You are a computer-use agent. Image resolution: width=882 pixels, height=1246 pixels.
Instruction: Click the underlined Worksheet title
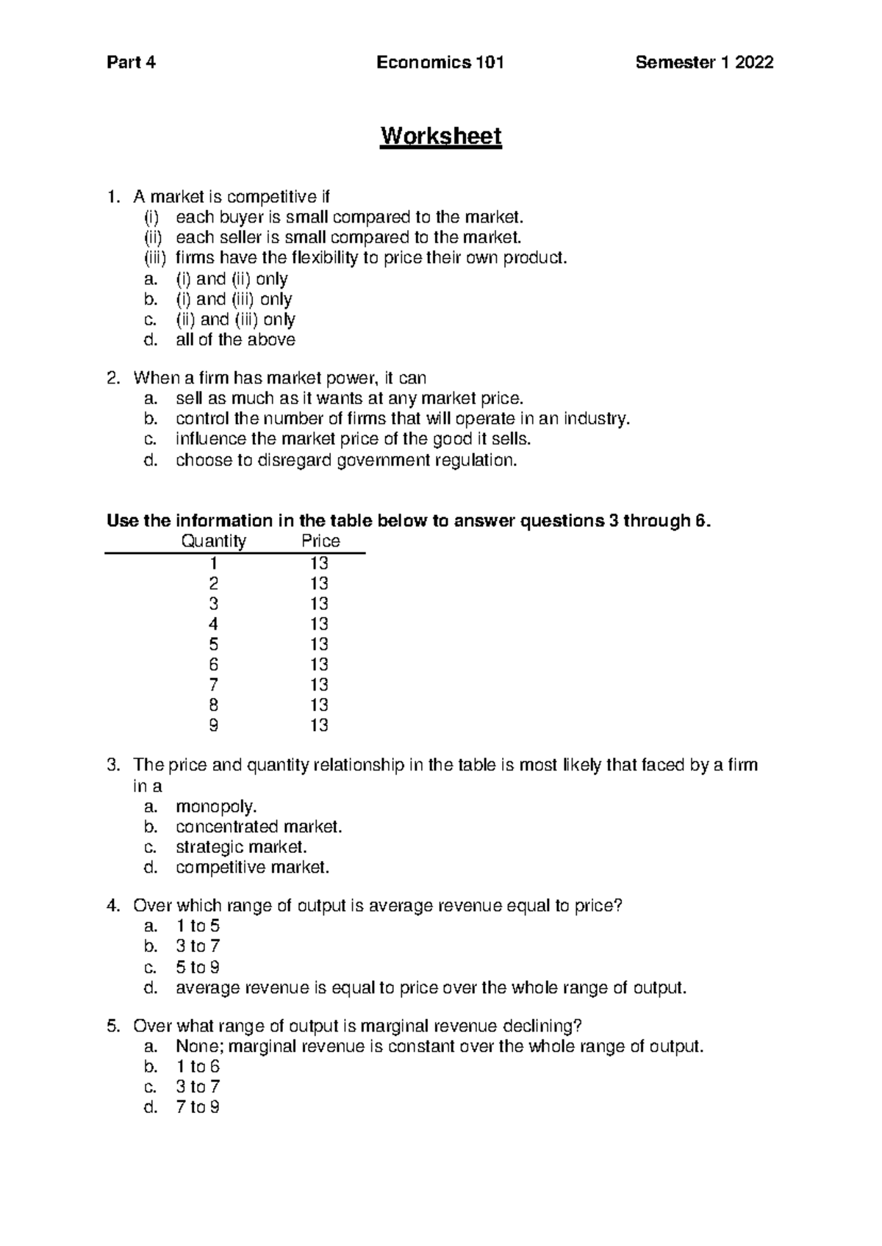[x=440, y=137]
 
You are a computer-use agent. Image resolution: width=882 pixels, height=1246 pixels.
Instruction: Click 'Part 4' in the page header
[x=132, y=62]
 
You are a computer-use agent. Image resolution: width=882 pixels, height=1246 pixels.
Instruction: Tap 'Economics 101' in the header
[x=440, y=62]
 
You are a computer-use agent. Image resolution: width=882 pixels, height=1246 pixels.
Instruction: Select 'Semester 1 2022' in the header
[x=704, y=62]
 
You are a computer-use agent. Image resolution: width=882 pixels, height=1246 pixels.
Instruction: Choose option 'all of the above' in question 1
[x=235, y=340]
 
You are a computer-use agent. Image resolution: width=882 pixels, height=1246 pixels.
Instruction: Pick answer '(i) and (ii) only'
[x=231, y=279]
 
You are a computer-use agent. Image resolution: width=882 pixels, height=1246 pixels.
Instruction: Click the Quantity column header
[x=213, y=541]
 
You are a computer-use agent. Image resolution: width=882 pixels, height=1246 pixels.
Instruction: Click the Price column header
[x=320, y=541]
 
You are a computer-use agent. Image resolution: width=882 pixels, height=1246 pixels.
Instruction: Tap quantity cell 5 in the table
[x=213, y=644]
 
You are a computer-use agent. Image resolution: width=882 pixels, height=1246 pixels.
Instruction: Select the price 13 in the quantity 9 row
[x=319, y=726]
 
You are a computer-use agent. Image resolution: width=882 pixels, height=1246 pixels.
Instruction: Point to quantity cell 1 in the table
[x=213, y=563]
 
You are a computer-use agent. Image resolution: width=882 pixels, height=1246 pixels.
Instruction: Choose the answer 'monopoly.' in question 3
[x=216, y=807]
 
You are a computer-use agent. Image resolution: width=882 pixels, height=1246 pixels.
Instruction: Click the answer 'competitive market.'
[x=252, y=868]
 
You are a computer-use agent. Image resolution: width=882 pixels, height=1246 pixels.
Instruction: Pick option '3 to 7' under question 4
[x=198, y=946]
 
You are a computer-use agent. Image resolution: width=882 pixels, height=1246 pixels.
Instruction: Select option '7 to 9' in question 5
[x=198, y=1107]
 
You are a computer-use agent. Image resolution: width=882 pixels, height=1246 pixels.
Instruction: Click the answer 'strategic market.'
[x=241, y=847]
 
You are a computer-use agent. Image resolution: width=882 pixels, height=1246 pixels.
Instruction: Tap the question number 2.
[x=112, y=378]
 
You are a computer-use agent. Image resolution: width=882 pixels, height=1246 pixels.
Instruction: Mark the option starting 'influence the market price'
[x=353, y=439]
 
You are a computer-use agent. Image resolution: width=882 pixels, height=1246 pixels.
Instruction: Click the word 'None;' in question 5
[x=195, y=1046]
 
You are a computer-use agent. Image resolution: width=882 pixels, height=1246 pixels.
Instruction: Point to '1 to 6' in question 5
[x=198, y=1067]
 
